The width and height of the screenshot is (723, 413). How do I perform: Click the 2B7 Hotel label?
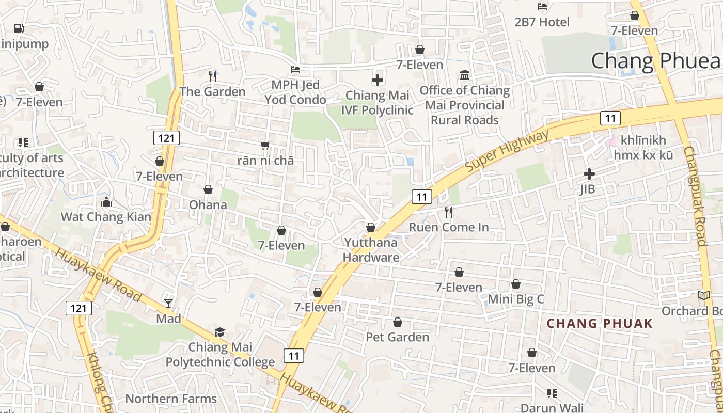point(542,22)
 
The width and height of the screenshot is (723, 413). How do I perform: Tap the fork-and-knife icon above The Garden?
point(212,76)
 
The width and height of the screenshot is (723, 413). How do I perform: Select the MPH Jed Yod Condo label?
point(295,92)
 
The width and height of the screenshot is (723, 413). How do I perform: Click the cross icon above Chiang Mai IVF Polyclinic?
point(378,80)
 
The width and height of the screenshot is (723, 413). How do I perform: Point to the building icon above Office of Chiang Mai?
point(465,75)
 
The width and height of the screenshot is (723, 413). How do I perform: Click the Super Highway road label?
point(507,152)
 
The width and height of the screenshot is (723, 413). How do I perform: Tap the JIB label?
point(587,189)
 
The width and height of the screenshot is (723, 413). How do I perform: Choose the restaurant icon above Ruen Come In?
point(449,212)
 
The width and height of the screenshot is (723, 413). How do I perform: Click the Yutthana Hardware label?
point(371,250)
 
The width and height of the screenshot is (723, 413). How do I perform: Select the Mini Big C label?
point(516,299)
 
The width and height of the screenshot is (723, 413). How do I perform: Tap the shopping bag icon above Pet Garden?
point(398,323)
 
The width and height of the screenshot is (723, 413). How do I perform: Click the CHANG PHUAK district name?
point(600,324)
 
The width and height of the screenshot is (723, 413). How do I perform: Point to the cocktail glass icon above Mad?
point(168,303)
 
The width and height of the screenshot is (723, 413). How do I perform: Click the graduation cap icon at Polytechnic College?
point(220,332)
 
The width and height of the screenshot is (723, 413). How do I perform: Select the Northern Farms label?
point(171,399)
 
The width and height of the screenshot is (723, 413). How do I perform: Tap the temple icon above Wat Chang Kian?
point(106,202)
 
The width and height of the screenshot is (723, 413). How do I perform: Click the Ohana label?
point(208,205)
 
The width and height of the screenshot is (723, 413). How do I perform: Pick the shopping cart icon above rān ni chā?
point(265,145)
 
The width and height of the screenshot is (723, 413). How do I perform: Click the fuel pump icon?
point(19,28)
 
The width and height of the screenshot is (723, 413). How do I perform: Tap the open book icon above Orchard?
point(704,296)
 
